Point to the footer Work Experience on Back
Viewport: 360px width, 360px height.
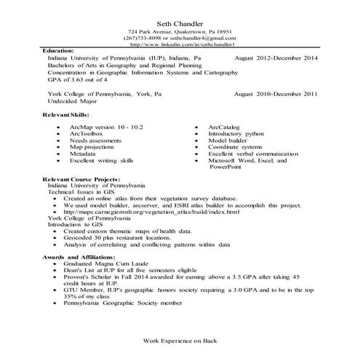(x=180, y=340)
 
